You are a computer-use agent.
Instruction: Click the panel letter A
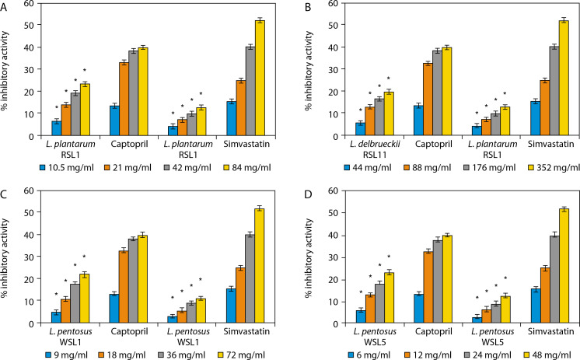coord(5,6)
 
